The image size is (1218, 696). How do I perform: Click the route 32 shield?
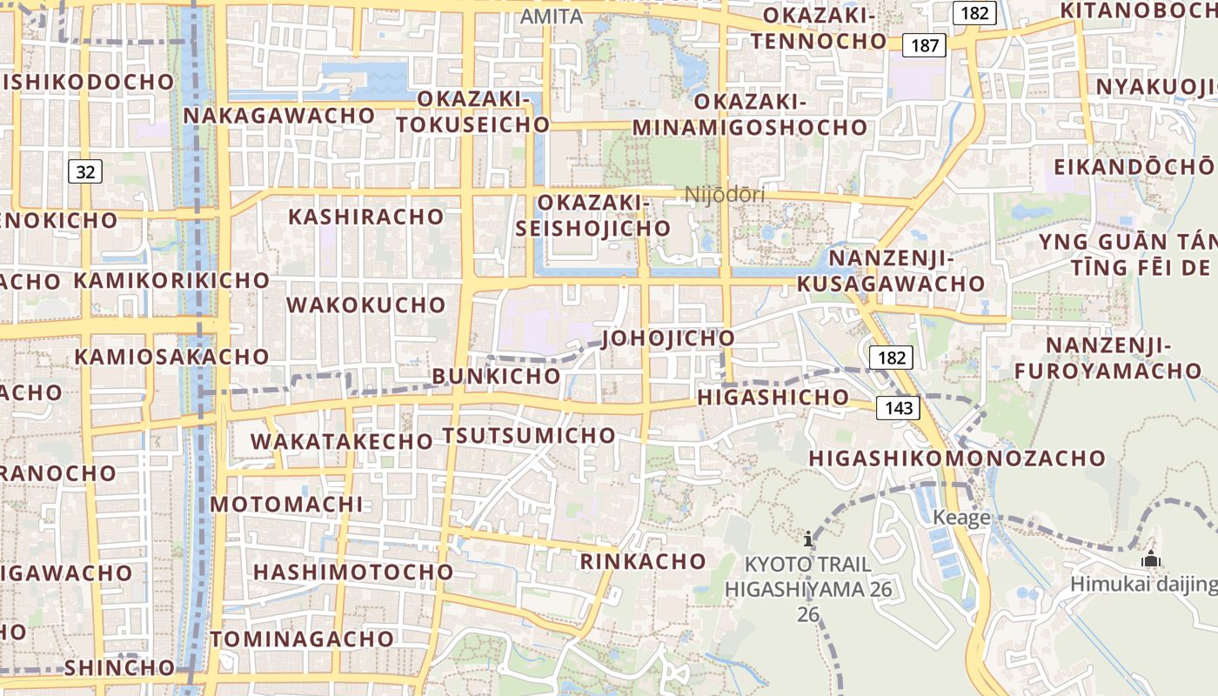point(85,171)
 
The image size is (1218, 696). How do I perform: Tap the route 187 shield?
point(924,44)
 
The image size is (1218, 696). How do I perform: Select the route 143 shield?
point(898,408)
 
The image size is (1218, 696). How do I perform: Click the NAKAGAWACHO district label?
point(279,116)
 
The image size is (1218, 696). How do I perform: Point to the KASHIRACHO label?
point(365,217)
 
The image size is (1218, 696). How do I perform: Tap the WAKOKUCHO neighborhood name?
point(366,305)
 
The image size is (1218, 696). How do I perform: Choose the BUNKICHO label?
point(496,376)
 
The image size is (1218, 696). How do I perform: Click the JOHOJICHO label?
point(668,338)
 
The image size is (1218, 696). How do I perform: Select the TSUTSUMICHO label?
point(529,435)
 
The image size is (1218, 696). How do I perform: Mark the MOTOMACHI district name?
point(286,505)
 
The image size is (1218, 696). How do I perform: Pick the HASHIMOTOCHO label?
point(353,572)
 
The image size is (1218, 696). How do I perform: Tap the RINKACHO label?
point(643,561)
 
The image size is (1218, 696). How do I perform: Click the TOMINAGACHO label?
point(302,639)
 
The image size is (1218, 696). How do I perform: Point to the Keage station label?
point(961,519)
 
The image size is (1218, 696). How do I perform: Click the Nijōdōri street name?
point(725,195)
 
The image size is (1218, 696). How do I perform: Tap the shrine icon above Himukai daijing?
point(1151,559)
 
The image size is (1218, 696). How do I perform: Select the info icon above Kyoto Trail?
point(809,539)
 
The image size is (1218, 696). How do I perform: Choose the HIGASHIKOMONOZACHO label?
point(957,458)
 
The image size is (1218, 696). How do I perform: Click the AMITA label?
point(552,17)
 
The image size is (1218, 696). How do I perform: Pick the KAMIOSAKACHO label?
point(171,357)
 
